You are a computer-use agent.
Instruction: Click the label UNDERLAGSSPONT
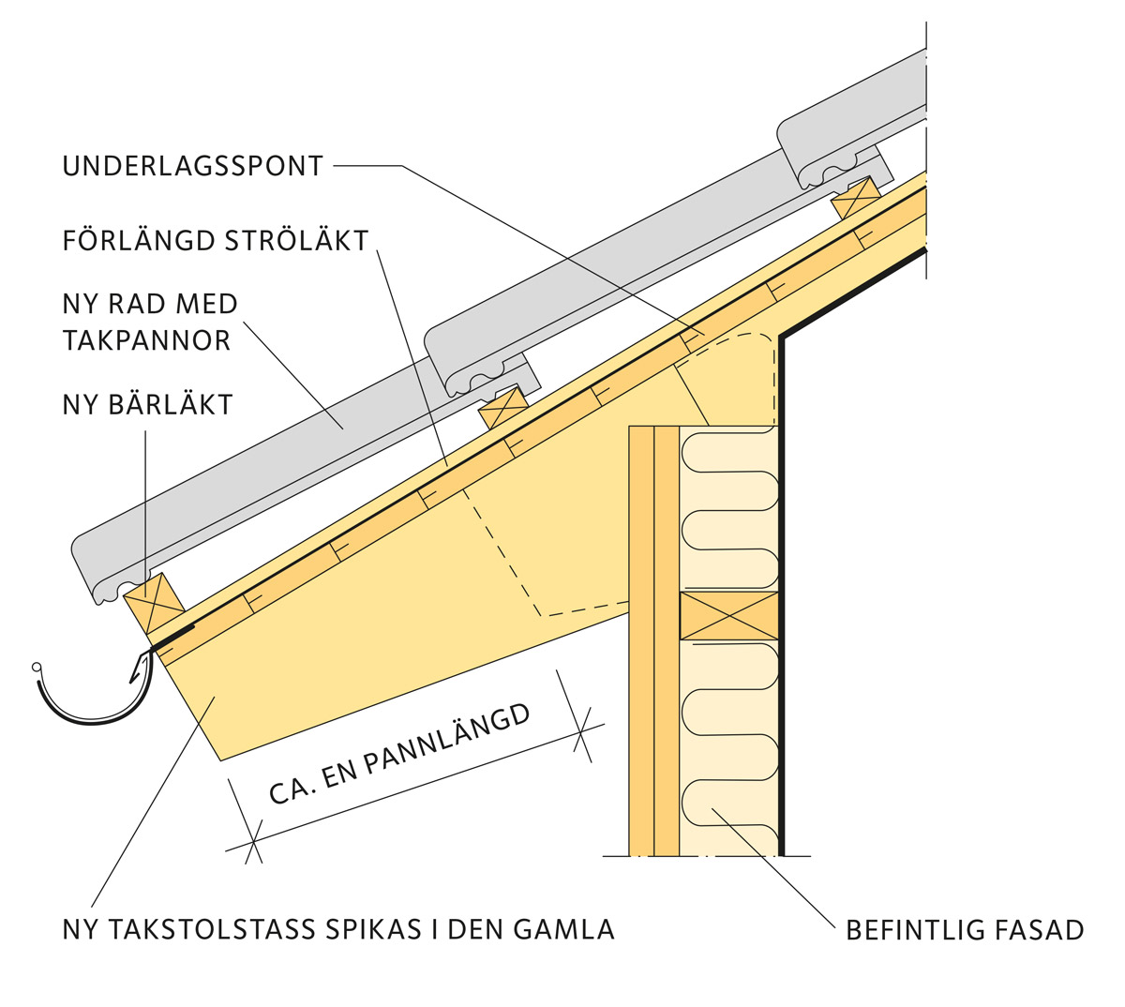193,167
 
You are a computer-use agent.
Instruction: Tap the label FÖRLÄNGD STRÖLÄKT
216,241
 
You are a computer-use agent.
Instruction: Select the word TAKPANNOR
147,340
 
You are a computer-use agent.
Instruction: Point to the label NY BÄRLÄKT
147,405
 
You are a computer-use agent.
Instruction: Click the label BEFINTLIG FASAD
965,931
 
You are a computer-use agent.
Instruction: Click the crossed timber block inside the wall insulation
729,616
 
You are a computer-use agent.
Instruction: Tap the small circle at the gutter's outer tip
37,668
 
